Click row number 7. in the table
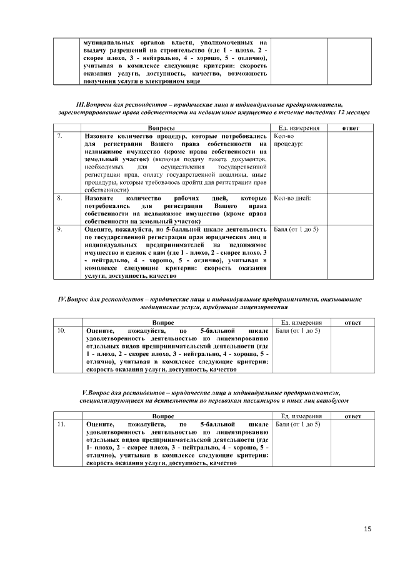59,135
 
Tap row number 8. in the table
59,198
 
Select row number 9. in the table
59,229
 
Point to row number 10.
61,329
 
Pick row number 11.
61,424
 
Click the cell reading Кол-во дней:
292,198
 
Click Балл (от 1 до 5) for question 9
297,229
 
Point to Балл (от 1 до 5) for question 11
298,424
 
